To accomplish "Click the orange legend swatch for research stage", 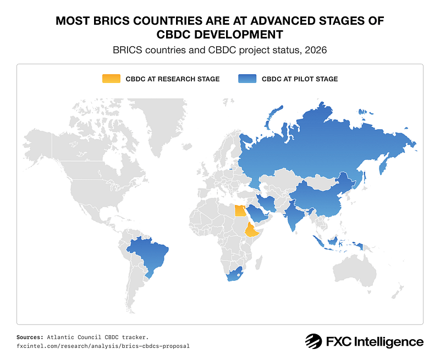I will (x=110, y=79).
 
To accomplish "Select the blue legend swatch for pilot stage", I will (x=246, y=79).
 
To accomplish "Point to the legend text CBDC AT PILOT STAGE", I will (x=300, y=79).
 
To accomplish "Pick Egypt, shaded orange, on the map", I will (x=240, y=210).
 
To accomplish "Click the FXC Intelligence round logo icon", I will (x=313, y=341).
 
